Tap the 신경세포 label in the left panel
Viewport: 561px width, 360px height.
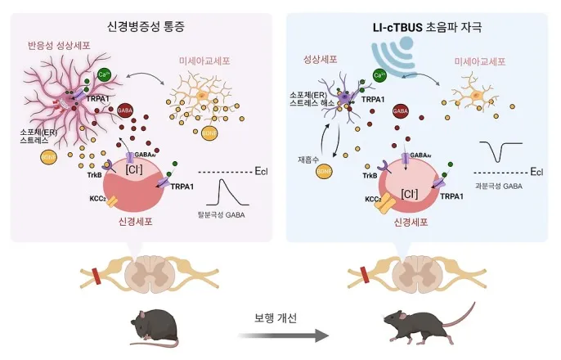(142, 219)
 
